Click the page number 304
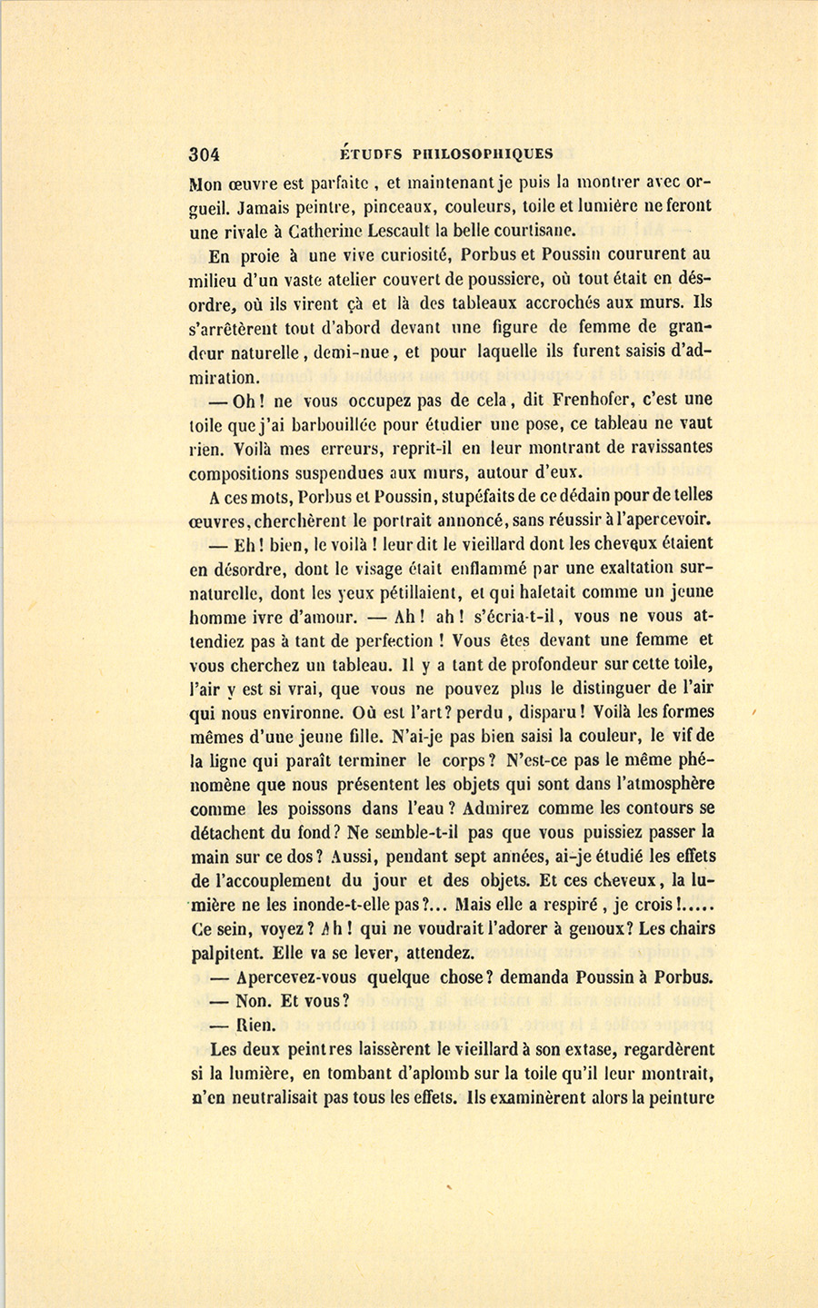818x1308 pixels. tap(204, 154)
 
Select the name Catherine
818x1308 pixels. tap(294, 231)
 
